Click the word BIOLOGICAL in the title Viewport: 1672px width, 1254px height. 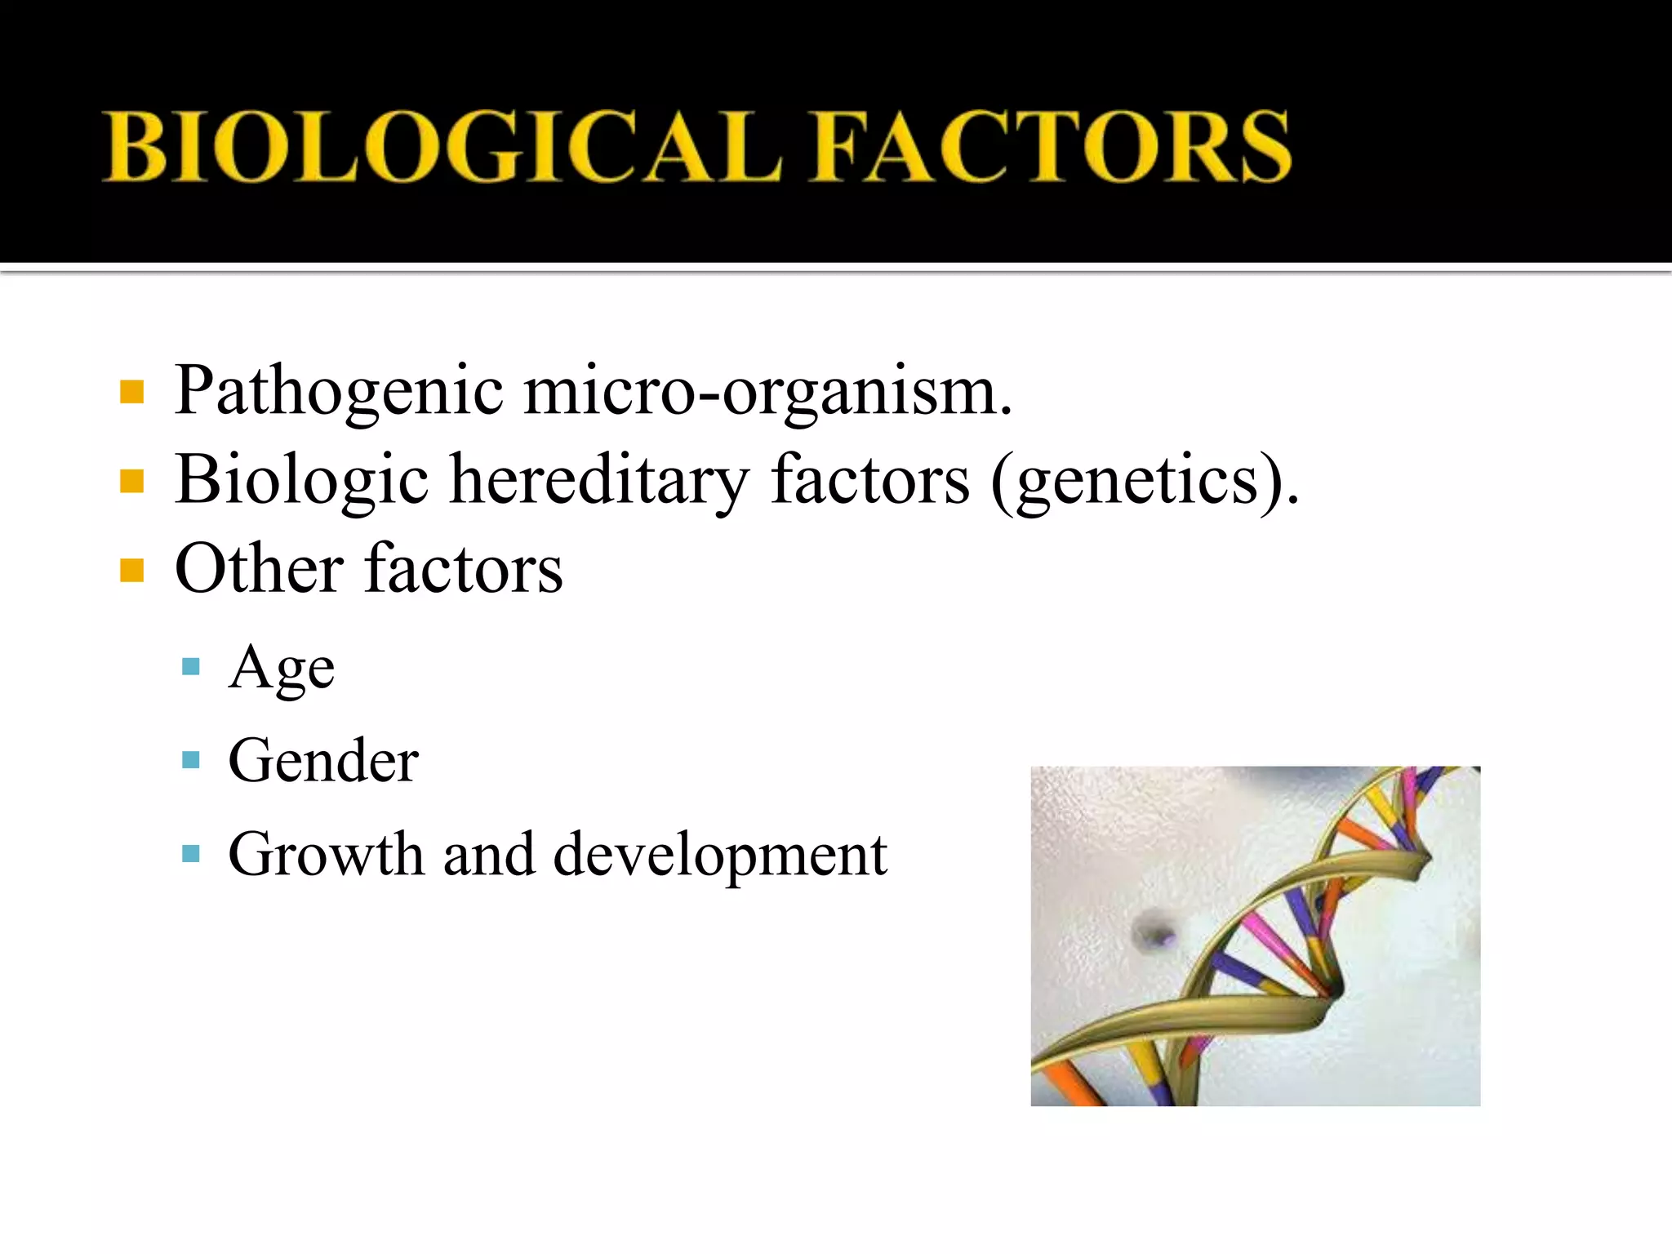coord(441,147)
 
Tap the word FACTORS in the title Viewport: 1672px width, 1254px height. coord(1052,147)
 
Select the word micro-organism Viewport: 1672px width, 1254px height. coord(767,392)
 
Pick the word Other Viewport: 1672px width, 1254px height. coord(260,568)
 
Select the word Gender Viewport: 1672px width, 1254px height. coord(323,761)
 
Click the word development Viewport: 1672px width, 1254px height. coord(720,855)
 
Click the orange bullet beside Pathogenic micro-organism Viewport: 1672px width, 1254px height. coord(131,392)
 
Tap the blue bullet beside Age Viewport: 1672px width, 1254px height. coord(191,667)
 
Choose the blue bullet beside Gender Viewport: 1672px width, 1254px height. coord(191,761)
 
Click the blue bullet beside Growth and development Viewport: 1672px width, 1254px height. coord(191,854)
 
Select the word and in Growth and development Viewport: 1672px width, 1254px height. coord(488,855)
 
